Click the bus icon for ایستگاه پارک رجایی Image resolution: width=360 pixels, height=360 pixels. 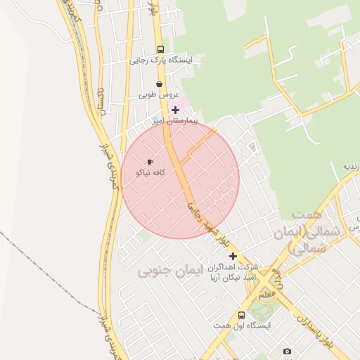[x=160, y=50]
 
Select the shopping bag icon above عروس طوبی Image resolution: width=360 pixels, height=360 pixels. [x=160, y=84]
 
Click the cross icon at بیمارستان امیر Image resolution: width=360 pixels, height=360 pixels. [x=175, y=110]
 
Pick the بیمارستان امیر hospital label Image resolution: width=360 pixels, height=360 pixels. [x=175, y=121]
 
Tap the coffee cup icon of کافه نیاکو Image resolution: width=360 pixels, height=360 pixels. [x=150, y=162]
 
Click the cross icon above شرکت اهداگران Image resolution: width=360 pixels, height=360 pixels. [x=233, y=256]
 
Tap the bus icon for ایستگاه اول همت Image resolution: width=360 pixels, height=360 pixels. [x=241, y=315]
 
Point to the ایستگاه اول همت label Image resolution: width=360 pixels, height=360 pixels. [x=241, y=326]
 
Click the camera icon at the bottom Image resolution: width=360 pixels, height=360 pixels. [x=287, y=351]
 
